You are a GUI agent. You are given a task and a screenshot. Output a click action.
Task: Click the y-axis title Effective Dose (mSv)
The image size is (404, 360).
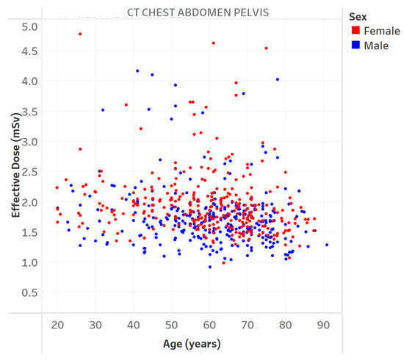click(x=15, y=168)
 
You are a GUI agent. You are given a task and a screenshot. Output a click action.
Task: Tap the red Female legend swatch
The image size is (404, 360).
click(x=355, y=31)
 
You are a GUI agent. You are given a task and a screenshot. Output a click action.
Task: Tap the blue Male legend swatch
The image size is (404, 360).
click(x=355, y=45)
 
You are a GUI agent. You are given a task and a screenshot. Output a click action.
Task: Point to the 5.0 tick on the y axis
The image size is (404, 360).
click(x=29, y=27)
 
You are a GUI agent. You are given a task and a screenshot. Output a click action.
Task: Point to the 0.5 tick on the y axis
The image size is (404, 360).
click(x=29, y=293)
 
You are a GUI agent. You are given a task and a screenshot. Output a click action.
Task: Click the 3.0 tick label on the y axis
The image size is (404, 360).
click(x=29, y=141)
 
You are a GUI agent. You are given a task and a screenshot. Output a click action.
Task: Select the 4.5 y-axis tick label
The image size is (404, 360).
click(x=29, y=51)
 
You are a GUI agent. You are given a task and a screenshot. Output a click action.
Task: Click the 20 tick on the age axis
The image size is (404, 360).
click(x=57, y=324)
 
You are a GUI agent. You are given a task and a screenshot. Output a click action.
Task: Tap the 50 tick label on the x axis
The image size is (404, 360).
click(x=171, y=324)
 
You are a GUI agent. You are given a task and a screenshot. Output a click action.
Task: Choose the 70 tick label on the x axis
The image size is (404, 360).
click(x=248, y=324)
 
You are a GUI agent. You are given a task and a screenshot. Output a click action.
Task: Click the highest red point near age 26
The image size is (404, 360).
click(x=80, y=34)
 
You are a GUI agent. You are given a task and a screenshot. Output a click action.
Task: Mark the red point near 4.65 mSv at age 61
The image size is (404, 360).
click(x=213, y=43)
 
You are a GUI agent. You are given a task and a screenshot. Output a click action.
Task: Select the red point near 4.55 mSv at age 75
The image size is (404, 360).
click(x=266, y=48)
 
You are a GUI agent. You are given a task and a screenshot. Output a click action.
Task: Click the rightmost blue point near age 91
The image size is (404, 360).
click(x=327, y=245)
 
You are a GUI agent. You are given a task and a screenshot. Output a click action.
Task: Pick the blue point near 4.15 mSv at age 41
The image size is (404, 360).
click(x=137, y=71)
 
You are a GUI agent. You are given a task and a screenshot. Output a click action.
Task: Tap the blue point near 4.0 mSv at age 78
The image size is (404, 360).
click(x=277, y=79)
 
